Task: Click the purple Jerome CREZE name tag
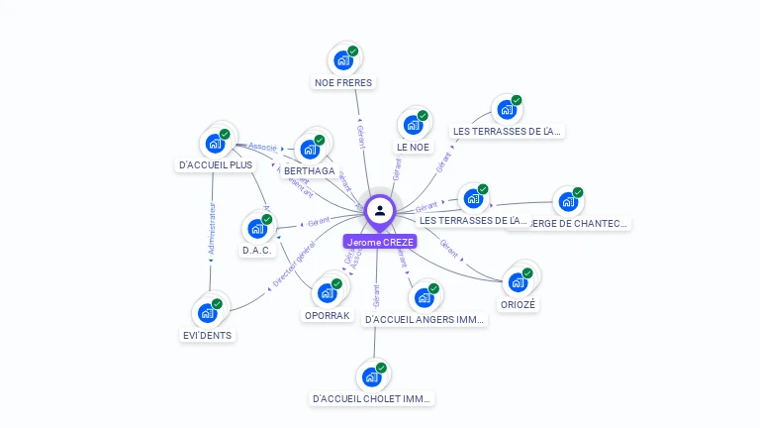coord(380,242)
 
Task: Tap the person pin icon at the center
coord(380,210)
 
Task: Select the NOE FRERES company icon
coord(343,60)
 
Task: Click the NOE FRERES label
coord(343,83)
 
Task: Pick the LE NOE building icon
coord(413,126)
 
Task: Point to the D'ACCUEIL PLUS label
coord(216,164)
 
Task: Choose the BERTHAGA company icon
coord(310,150)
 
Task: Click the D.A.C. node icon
coord(257,229)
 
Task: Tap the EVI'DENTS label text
coord(208,335)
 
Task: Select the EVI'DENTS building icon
coord(208,312)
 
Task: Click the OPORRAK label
coord(327,315)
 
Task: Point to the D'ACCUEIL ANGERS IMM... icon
coord(424,297)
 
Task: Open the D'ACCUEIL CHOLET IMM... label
coord(372,399)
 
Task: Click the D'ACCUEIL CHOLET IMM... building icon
coord(372,376)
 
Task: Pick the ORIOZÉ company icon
coord(518,282)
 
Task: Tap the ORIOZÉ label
coord(518,305)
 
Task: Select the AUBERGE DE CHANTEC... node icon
coord(567,202)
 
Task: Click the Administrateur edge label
coord(211,231)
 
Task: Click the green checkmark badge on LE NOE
coord(423,116)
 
